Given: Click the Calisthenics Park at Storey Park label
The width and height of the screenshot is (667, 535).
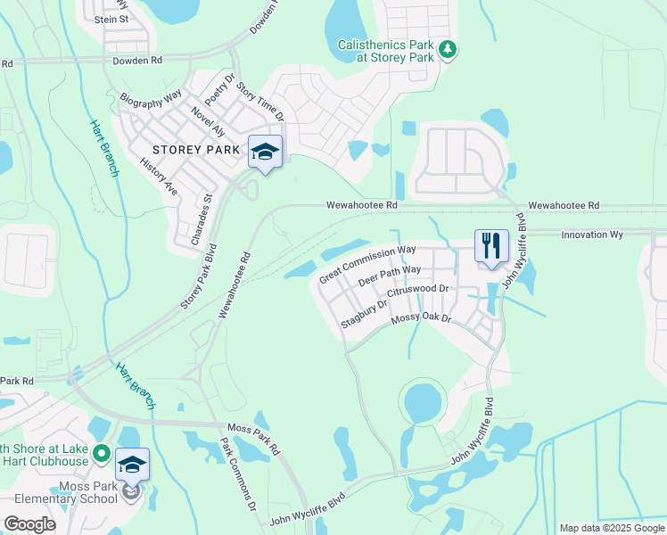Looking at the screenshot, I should tap(389, 50).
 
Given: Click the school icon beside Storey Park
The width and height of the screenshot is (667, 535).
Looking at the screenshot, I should tap(265, 152).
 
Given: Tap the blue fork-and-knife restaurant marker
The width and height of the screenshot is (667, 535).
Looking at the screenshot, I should tap(490, 246).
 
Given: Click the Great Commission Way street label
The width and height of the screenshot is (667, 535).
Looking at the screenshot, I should tap(368, 265).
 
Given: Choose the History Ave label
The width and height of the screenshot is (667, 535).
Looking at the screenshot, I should tap(160, 177).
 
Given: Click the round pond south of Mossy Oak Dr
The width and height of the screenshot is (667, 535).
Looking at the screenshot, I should tap(423, 403).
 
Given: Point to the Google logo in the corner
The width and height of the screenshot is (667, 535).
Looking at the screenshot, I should tap(29, 524).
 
